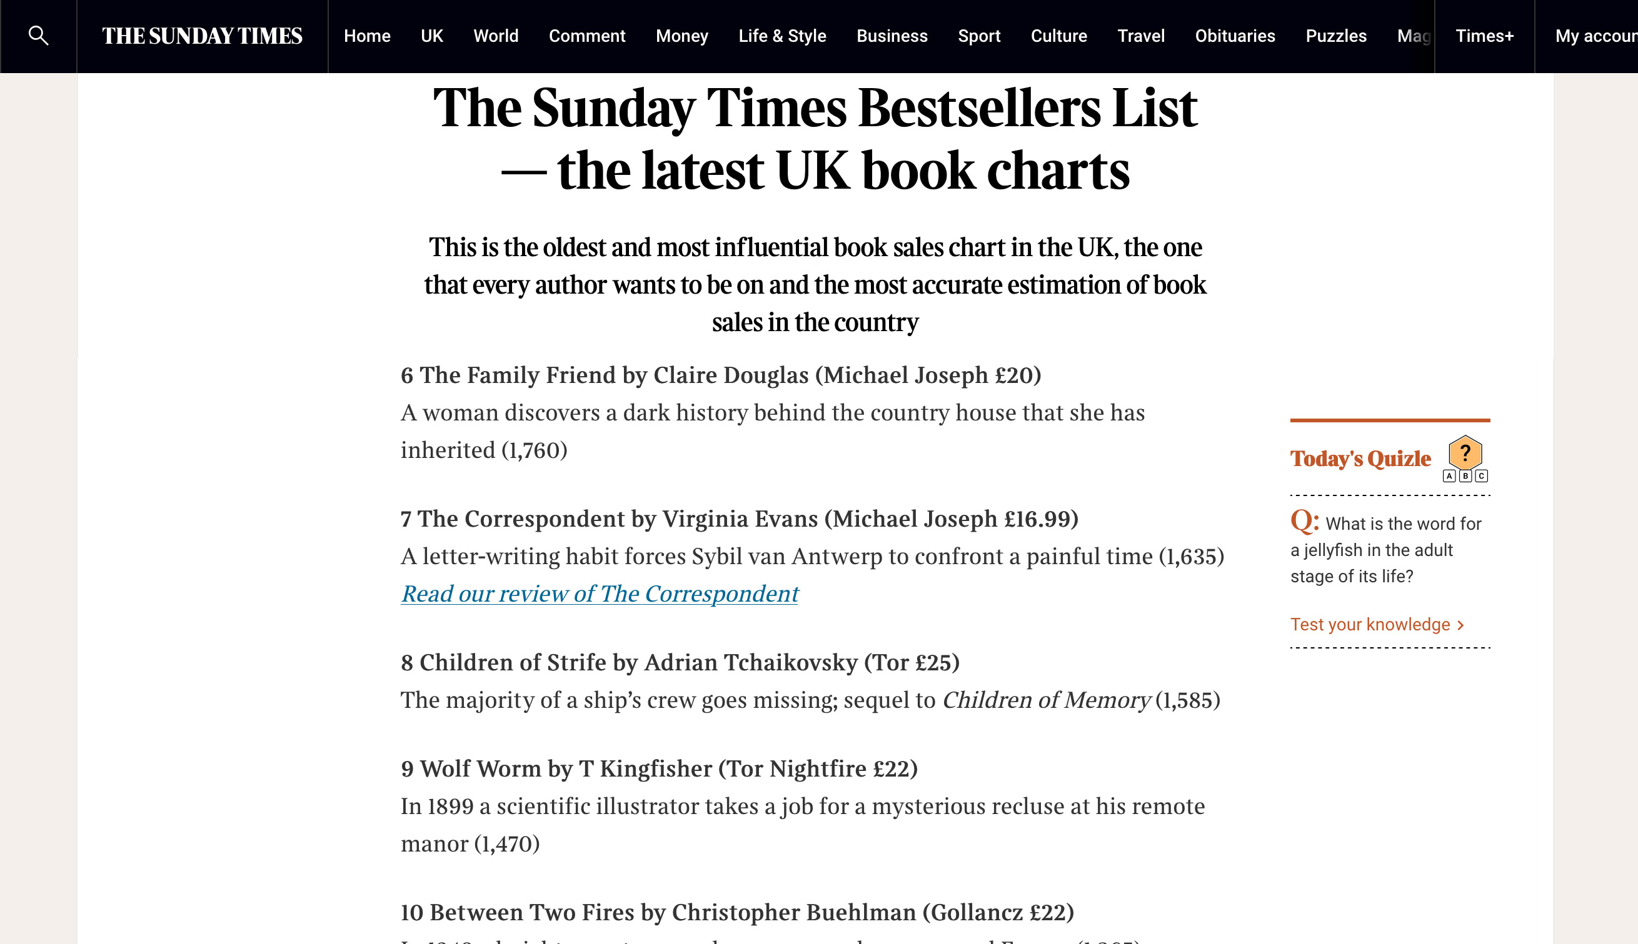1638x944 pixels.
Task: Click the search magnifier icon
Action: [38, 36]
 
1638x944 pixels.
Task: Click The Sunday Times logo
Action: [203, 36]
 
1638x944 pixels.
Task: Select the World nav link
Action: [496, 36]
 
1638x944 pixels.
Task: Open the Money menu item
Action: [682, 36]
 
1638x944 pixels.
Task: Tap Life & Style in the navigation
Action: [781, 36]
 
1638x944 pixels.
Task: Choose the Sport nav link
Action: [979, 36]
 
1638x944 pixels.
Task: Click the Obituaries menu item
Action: [1235, 36]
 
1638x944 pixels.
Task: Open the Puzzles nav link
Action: [1335, 36]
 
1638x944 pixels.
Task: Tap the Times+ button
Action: [1484, 36]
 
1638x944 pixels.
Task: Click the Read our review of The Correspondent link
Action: [600, 594]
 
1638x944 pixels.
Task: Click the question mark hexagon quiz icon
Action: [1465, 453]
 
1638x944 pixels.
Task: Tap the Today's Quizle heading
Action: [1360, 459]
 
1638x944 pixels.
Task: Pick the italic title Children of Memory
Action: [1045, 700]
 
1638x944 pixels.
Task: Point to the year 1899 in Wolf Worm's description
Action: [450, 807]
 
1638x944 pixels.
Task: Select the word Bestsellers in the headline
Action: [979, 108]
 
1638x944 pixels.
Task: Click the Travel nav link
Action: [1140, 36]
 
